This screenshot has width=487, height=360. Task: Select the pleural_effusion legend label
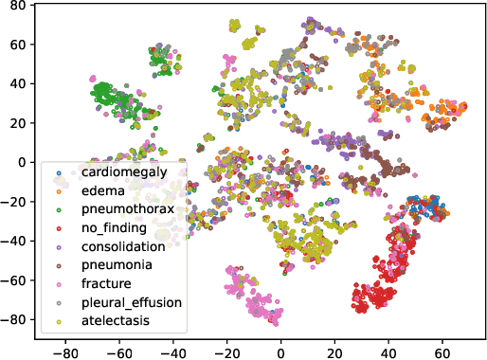tap(130, 302)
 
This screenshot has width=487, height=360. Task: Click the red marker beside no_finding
tap(59, 228)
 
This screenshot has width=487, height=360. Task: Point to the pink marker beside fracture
tap(59, 283)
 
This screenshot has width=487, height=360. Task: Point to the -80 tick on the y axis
tap(16, 320)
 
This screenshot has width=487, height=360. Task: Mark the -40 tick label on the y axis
tap(16, 241)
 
